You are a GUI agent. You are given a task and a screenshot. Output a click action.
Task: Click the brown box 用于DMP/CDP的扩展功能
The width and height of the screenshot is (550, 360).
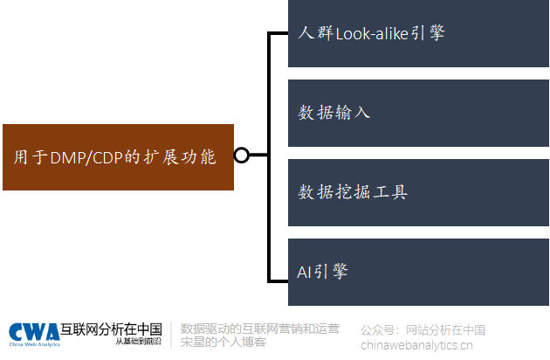119,157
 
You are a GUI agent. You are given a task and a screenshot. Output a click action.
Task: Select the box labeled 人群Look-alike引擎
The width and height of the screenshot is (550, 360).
419,33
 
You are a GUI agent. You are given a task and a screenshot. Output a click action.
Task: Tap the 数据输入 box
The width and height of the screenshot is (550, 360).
419,114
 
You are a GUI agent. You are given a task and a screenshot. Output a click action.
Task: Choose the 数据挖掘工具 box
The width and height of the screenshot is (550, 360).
419,192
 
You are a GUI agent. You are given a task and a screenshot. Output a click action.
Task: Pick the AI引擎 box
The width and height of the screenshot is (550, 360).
419,271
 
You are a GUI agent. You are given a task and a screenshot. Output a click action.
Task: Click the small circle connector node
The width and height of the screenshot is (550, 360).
242,156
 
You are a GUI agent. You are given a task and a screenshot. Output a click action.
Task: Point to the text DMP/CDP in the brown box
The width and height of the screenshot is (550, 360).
82,157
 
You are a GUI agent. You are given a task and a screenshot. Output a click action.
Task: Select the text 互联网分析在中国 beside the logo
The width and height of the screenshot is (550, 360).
111,329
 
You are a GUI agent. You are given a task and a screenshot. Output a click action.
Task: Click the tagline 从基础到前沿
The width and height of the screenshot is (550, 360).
138,342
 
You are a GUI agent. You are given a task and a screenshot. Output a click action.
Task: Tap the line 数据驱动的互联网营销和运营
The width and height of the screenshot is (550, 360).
259,329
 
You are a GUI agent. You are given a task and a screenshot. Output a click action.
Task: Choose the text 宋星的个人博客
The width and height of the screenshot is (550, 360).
223,343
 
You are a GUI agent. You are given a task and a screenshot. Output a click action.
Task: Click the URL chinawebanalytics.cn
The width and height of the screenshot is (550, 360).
422,344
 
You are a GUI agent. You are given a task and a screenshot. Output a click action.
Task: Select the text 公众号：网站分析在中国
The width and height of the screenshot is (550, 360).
423,330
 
